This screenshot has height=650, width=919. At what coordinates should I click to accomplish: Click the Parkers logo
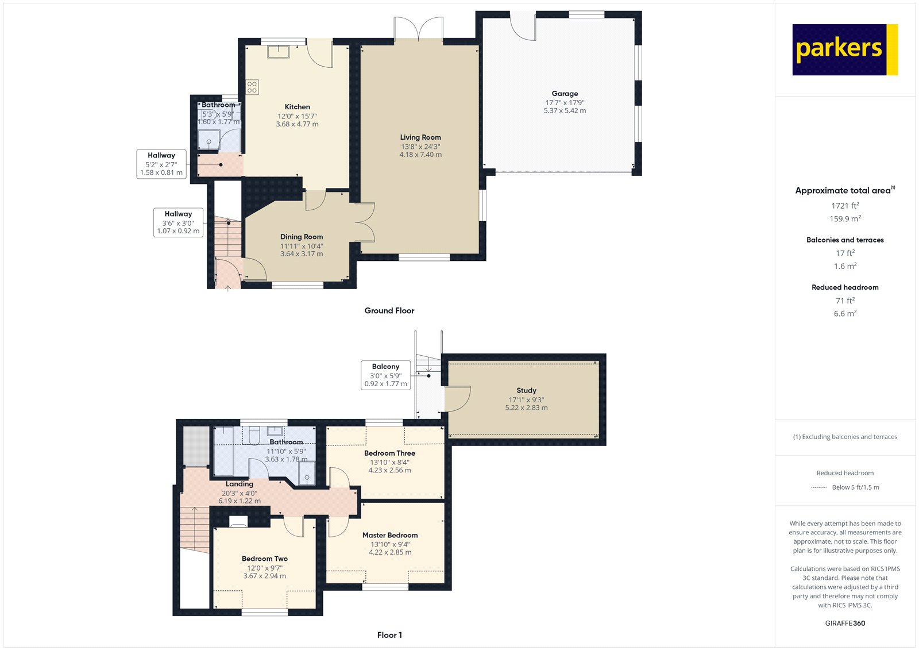click(x=844, y=49)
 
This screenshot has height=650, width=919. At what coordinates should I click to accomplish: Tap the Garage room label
click(x=565, y=94)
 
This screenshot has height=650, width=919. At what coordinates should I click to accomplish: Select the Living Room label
click(x=420, y=137)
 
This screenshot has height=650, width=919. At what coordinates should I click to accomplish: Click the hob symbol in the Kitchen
click(x=252, y=87)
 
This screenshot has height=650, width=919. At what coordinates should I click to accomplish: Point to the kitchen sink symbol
click(x=279, y=51)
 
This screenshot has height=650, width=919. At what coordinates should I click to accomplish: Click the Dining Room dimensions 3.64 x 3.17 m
click(x=302, y=254)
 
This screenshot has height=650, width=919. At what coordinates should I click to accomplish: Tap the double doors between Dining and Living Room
click(x=364, y=222)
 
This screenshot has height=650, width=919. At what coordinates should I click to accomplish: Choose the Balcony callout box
click(x=385, y=375)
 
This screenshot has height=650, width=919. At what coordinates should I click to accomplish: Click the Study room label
click(x=526, y=390)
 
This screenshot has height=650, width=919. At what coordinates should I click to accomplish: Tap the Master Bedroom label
click(x=390, y=535)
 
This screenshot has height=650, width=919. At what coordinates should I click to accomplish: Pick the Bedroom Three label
click(x=389, y=453)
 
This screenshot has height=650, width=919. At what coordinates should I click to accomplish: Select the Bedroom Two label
click(x=264, y=559)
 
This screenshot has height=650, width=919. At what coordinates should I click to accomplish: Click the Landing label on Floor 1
click(x=239, y=484)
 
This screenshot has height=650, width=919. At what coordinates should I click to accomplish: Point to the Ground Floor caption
click(x=389, y=310)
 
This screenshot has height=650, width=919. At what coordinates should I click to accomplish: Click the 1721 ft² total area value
click(x=845, y=206)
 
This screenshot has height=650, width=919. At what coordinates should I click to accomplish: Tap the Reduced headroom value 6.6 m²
click(x=845, y=314)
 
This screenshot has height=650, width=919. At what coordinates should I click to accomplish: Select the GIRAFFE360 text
click(x=845, y=623)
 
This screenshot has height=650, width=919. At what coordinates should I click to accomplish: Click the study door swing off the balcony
click(x=458, y=398)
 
